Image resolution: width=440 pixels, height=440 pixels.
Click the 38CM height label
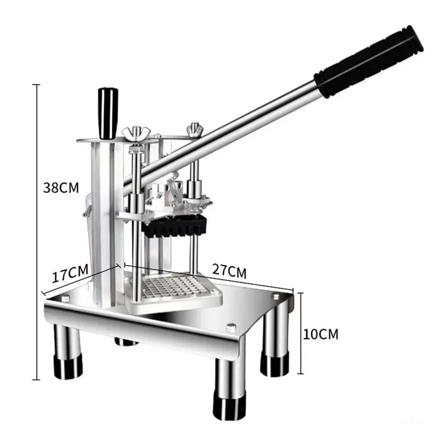(61, 188)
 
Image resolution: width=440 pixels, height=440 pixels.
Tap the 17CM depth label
(70, 273)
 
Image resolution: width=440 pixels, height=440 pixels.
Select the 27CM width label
(229, 271)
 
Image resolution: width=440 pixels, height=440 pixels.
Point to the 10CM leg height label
(321, 334)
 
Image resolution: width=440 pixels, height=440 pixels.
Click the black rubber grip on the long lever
(369, 62)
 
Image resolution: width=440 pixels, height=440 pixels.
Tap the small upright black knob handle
(108, 112)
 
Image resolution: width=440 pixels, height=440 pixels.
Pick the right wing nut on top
(193, 130)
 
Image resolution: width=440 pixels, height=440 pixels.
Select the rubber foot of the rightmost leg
(274, 364)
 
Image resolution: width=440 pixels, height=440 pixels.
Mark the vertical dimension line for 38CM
(37, 231)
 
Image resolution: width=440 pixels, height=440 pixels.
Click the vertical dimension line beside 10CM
(300, 334)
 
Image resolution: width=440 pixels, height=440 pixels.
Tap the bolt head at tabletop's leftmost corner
(65, 298)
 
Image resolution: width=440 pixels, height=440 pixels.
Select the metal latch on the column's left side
(86, 209)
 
